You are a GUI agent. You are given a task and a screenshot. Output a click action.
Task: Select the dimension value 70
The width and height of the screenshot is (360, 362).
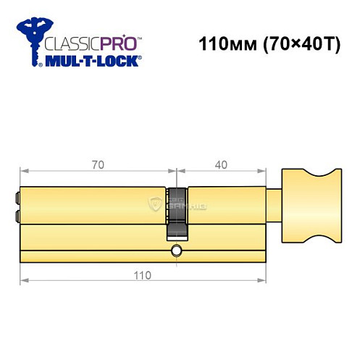[98, 165]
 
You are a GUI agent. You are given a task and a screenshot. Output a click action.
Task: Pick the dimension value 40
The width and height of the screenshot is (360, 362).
[221, 165]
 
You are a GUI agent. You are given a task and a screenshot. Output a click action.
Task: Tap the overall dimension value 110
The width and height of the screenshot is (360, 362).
[142, 274]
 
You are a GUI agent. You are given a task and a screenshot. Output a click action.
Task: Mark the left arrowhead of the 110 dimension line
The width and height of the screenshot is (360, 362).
[24, 280]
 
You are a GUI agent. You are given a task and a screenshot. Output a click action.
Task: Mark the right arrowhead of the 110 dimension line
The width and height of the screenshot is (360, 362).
[265, 280]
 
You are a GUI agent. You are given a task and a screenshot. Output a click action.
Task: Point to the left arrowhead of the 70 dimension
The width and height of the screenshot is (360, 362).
[22, 172]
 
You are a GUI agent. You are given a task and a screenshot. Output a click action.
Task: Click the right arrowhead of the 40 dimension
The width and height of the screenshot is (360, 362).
[265, 172]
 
